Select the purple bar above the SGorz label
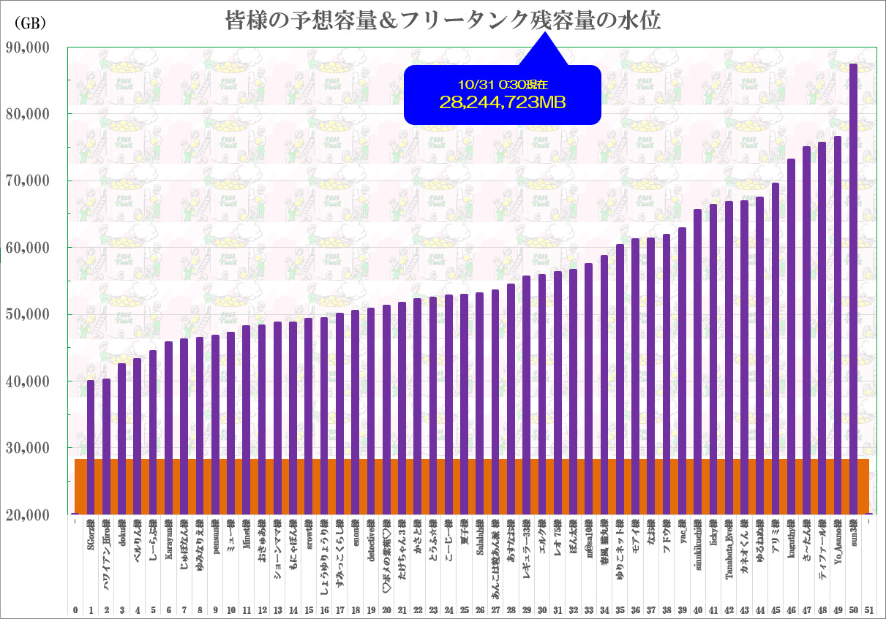tap(91, 446)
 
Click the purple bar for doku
tap(122, 438)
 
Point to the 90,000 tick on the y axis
tap(27, 48)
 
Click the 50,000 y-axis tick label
tap(27, 315)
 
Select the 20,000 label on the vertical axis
tap(27, 515)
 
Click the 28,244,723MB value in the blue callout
tap(502, 103)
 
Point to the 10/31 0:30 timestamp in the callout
tap(502, 86)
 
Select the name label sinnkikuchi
tap(698, 551)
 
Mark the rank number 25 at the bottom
tap(465, 609)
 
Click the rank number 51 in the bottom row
tap(868, 609)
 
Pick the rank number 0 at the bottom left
tap(75, 609)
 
